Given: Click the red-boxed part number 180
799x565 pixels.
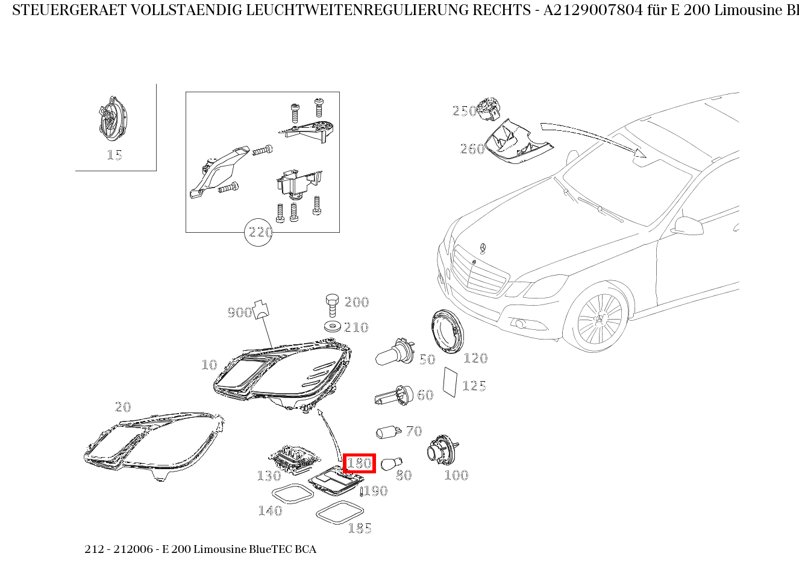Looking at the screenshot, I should point(359,463).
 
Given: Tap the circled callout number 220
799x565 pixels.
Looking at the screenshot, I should point(259,232).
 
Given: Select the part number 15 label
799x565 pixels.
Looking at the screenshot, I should point(114,155).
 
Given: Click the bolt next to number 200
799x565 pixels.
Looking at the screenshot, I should point(331,305).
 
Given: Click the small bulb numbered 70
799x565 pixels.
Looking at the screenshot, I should point(389,432).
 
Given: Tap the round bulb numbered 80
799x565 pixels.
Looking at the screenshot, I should point(391,464).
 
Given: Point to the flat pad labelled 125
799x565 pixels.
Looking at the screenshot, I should point(450,381).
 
